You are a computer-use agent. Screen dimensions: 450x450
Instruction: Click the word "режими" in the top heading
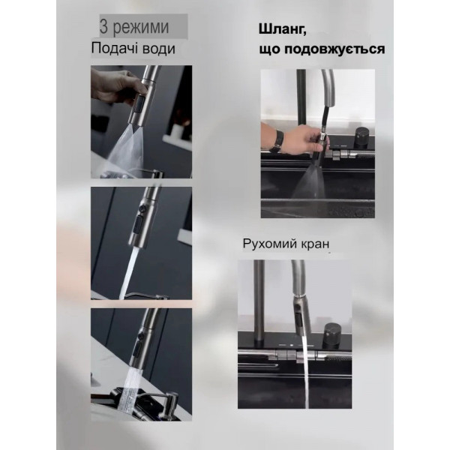tap(143, 28)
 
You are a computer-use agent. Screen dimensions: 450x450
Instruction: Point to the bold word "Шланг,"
tap(283, 28)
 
